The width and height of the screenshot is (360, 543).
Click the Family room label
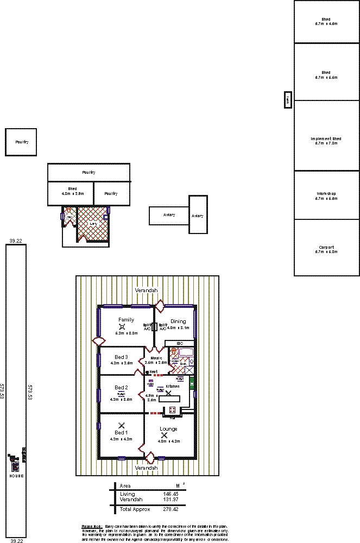[126, 320]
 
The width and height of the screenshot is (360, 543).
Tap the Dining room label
[178, 321]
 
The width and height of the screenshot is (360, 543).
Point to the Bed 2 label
[121, 387]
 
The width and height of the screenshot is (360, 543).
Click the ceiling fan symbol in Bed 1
[121, 425]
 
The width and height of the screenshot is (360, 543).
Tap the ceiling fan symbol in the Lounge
[164, 435]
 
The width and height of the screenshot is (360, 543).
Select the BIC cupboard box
[180, 343]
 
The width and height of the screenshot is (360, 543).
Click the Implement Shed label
[326, 139]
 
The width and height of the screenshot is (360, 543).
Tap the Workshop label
[326, 194]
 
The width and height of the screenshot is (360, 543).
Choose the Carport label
[326, 247]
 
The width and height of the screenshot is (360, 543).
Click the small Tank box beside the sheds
[288, 99]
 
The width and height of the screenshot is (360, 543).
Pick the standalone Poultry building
[21, 142]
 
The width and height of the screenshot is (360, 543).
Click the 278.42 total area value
[170, 509]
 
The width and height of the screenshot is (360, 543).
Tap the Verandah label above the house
[146, 291]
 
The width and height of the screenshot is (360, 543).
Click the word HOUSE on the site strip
[16, 476]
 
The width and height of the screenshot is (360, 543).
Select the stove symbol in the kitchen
[173, 410]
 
